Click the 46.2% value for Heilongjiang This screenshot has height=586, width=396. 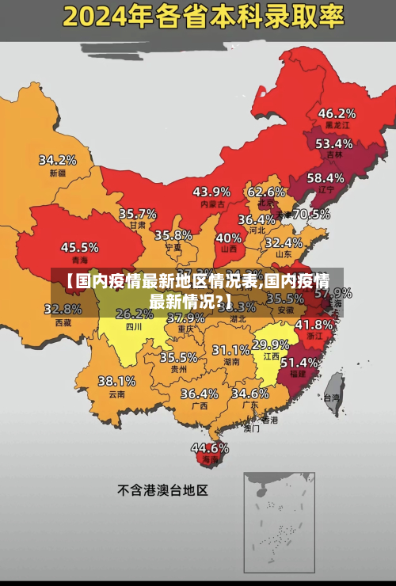click(337, 112)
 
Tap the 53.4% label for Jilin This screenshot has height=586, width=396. click(333, 143)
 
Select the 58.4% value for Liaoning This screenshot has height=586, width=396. click(326, 177)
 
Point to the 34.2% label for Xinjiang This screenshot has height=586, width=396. click(58, 159)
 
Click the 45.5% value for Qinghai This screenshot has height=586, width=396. click(79, 247)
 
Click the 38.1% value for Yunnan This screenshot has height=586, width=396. click(116, 381)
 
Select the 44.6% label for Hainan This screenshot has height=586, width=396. click(209, 447)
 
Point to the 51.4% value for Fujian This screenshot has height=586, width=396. click(300, 362)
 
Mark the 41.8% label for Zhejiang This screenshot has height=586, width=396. click(314, 324)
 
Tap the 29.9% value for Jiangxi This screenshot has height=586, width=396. click(270, 344)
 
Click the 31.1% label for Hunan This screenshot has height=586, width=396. click(230, 349)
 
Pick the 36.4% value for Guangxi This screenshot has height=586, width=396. click(199, 393)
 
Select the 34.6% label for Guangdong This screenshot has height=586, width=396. click(249, 393)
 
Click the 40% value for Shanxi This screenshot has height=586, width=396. click(229, 237)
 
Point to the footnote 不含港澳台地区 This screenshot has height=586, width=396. click(162, 490)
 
